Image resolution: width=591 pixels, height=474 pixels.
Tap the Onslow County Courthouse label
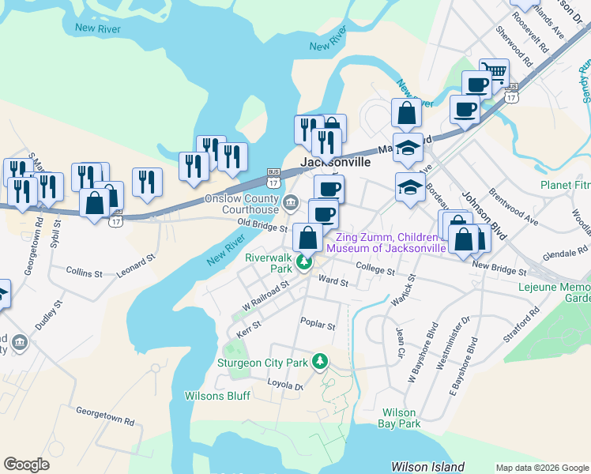[243, 205]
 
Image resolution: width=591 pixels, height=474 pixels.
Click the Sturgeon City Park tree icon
[320, 362]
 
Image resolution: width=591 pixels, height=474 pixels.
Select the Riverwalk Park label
[269, 263]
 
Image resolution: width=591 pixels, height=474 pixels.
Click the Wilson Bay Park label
[401, 418]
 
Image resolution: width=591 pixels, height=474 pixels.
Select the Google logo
[26, 465]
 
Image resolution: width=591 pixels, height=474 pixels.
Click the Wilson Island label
[428, 467]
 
